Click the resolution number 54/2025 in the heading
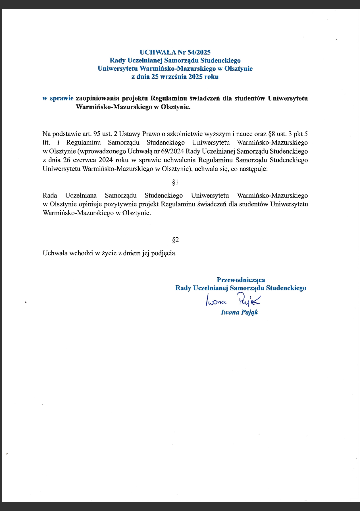[x=199, y=52]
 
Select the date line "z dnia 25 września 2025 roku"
[x=175, y=77]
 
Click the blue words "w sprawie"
[x=58, y=98]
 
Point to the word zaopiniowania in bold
[x=97, y=99]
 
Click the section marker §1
[x=175, y=182]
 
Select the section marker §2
[x=175, y=240]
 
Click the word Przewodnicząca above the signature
[x=241, y=280]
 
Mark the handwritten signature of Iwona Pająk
[x=233, y=300]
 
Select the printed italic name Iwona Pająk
[x=239, y=312]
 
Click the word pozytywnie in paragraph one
[x=120, y=204]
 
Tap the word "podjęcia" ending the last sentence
[x=164, y=253]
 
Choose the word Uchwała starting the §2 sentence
[x=55, y=253]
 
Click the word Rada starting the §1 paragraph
[x=50, y=196]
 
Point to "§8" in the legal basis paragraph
[x=271, y=134]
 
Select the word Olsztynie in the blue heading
[x=238, y=68]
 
